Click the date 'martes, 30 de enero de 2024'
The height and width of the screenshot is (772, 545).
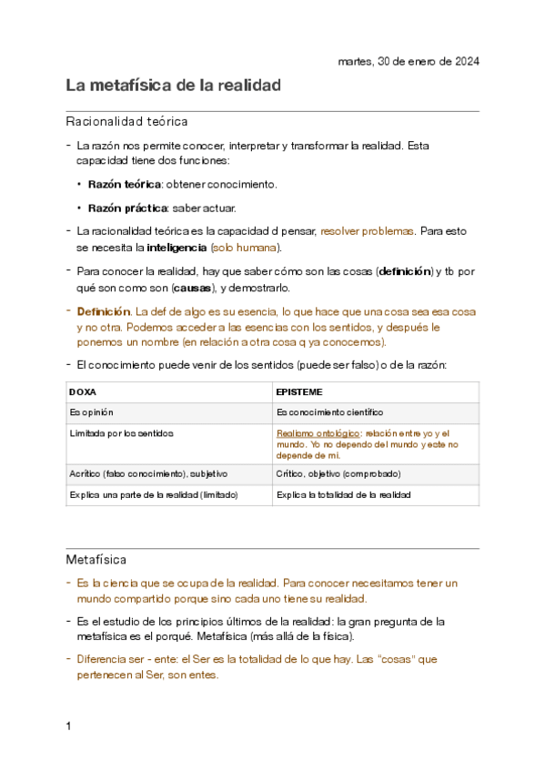pos(408,61)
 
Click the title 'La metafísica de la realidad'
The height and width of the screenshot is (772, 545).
pos(173,86)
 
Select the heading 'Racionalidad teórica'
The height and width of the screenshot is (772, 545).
pos(126,121)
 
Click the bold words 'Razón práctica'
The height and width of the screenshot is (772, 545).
pos(122,208)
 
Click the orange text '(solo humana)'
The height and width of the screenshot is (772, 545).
pos(246,247)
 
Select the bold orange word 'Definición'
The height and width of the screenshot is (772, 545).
pos(105,311)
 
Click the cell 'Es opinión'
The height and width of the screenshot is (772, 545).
pos(92,412)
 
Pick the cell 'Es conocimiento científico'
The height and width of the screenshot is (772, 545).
pos(329,412)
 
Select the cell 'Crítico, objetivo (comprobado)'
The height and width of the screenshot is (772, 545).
pos(338,474)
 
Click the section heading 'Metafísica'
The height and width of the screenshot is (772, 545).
pos(96,557)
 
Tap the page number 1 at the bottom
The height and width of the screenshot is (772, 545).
pos(68,726)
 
